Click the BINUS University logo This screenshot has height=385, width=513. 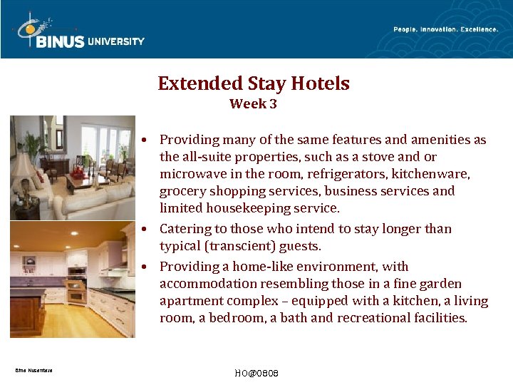[x=78, y=33]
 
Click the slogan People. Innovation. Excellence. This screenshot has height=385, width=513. [x=445, y=29]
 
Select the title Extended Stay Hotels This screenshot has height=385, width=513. [x=254, y=83]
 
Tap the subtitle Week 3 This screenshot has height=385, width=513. [x=253, y=104]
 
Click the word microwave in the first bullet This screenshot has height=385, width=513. [x=190, y=174]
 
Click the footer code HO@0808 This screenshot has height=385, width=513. [x=256, y=374]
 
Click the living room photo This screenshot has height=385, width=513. [x=73, y=168]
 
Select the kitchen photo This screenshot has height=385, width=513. [x=73, y=279]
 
